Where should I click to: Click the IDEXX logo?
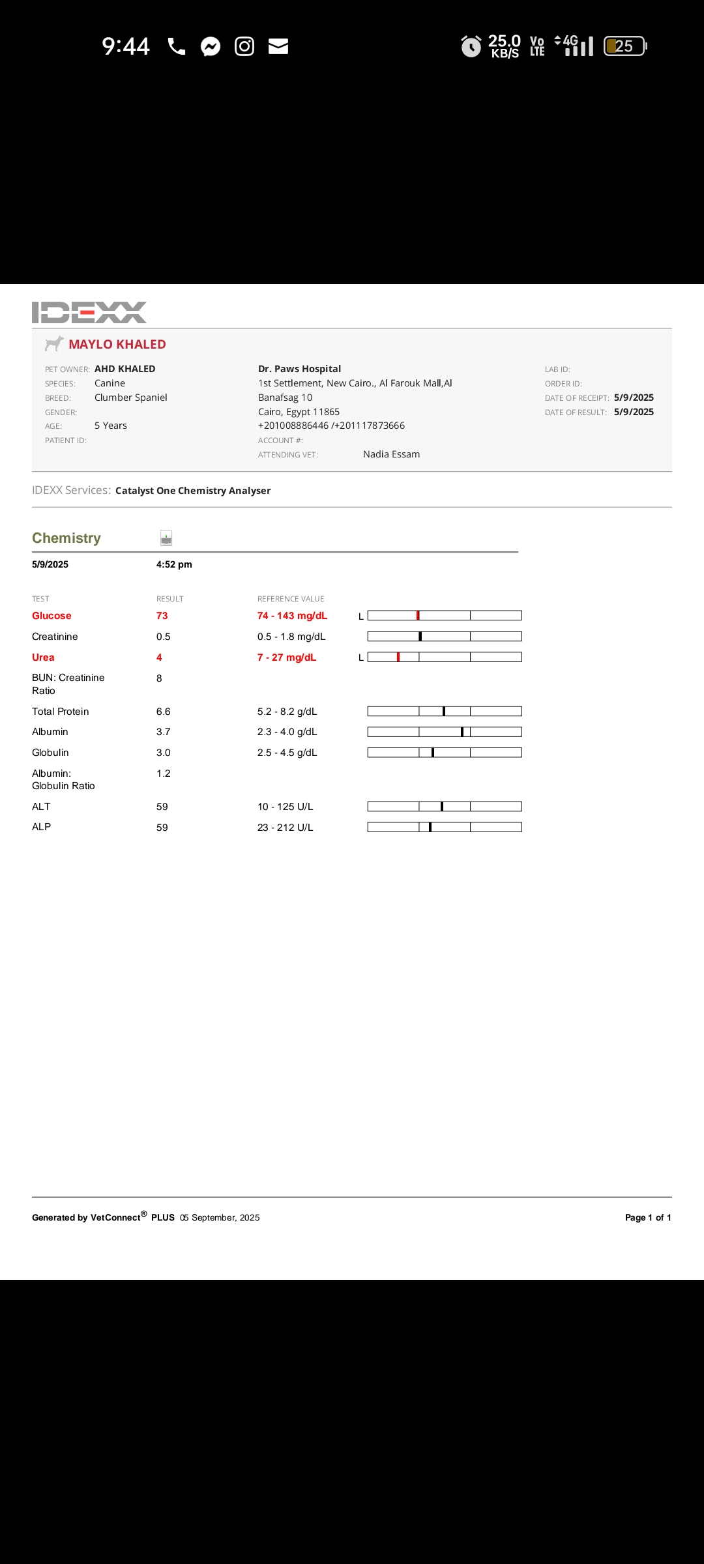[x=89, y=313]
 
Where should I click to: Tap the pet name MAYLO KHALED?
[x=117, y=345]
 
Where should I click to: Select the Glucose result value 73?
[x=162, y=616]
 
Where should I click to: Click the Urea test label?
[x=43, y=658]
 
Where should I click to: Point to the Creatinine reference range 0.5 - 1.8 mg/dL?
[x=291, y=637]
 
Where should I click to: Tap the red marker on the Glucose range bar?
[x=418, y=616]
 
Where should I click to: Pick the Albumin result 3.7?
[x=163, y=732]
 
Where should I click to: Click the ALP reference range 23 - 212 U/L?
[x=286, y=828]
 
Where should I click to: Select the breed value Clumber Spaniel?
[x=131, y=398]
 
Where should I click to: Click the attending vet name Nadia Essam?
[x=391, y=454]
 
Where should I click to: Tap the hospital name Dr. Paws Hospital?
[x=299, y=369]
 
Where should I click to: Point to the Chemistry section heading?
[x=66, y=538]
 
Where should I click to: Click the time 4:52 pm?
[x=174, y=564]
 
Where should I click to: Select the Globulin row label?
[x=50, y=753]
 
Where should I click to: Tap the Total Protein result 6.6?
[x=163, y=712]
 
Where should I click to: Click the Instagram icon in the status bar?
[x=244, y=46]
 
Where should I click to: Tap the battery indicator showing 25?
[x=624, y=46]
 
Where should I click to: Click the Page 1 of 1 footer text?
[x=648, y=1217]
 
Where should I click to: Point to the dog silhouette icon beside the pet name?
[x=54, y=343]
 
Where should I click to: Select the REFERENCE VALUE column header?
[x=291, y=599]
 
